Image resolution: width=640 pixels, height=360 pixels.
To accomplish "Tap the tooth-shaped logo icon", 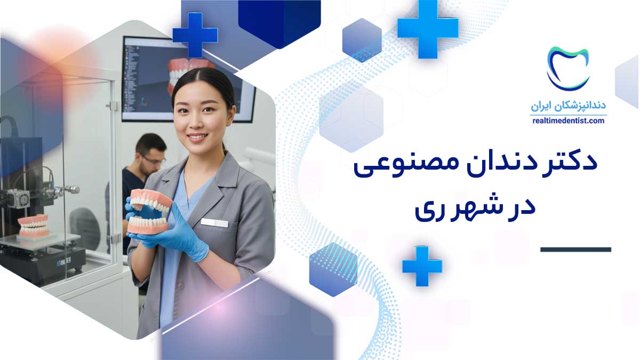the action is click(x=567, y=69).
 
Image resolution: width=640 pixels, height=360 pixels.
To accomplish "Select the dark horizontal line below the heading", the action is click(x=575, y=250).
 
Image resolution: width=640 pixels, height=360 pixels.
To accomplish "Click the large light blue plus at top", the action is click(x=428, y=29).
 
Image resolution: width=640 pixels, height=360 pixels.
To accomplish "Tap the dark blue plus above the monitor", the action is click(x=195, y=35).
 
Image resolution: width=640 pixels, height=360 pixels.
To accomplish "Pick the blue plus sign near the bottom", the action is click(x=422, y=266).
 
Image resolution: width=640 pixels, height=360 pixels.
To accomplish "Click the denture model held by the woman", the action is click(x=149, y=211).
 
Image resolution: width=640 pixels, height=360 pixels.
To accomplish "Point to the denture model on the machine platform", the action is click(x=34, y=226).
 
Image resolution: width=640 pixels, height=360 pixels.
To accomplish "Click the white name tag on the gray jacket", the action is click(x=214, y=222).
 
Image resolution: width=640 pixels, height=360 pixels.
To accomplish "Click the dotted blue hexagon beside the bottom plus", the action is click(x=333, y=269).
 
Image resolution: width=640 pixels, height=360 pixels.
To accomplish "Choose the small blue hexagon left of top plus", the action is click(x=362, y=41).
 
